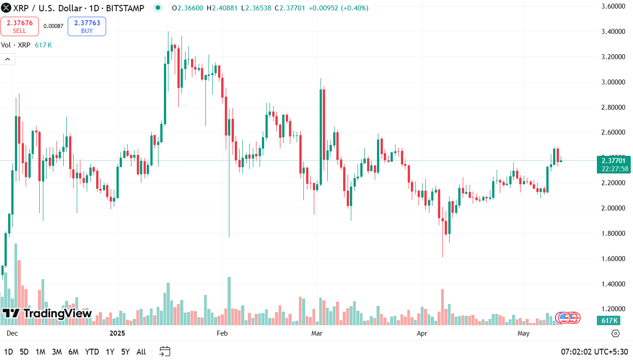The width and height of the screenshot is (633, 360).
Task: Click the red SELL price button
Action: point(19,26)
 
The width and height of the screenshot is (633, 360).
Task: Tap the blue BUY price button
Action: point(87,26)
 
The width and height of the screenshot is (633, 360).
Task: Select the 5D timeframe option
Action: point(24,352)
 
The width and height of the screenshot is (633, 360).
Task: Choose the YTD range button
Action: point(92,352)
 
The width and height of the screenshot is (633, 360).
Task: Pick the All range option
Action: point(141,352)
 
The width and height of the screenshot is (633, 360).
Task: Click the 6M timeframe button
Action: point(73,352)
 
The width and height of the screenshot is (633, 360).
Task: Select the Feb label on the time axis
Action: point(222,333)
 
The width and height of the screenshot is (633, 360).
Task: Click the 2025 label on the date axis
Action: point(117,333)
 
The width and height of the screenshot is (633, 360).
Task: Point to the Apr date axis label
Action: point(422,333)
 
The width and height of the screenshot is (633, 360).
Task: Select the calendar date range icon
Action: point(165,351)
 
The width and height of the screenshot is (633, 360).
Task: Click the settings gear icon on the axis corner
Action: point(615,333)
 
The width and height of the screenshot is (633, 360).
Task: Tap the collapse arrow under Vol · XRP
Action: point(8,59)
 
